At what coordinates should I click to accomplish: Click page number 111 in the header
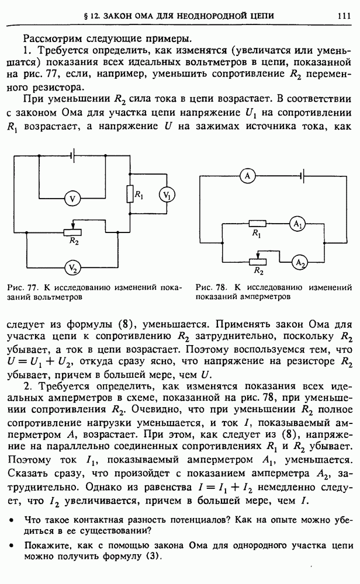click(343, 16)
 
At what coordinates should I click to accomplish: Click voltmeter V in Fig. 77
click(73, 199)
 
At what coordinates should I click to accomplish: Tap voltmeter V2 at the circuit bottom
click(73, 267)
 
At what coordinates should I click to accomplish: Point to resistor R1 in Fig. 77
click(130, 194)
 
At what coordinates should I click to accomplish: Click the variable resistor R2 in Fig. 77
click(72, 232)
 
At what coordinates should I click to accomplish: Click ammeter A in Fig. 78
click(247, 175)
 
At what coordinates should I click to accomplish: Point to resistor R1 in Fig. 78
click(257, 224)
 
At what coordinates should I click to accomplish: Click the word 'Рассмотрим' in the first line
click(51, 39)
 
